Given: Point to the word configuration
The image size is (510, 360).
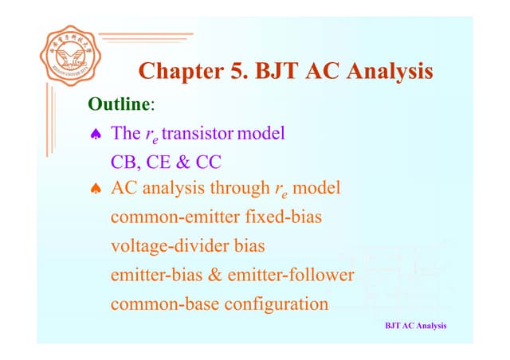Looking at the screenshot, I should coord(275,303).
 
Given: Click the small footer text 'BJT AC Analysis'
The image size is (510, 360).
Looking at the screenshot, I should coord(415,326).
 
